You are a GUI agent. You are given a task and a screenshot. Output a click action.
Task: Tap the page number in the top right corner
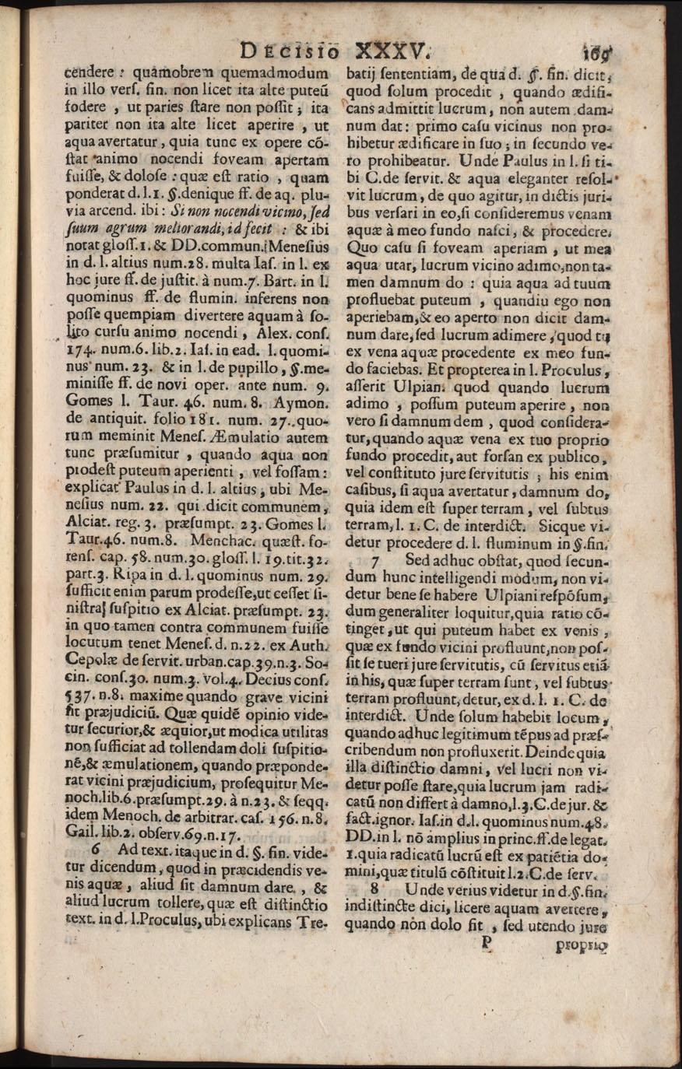(x=597, y=54)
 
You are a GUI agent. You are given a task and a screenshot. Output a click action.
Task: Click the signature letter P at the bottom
(x=489, y=942)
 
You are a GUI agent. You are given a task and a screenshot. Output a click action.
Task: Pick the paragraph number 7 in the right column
(x=376, y=559)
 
